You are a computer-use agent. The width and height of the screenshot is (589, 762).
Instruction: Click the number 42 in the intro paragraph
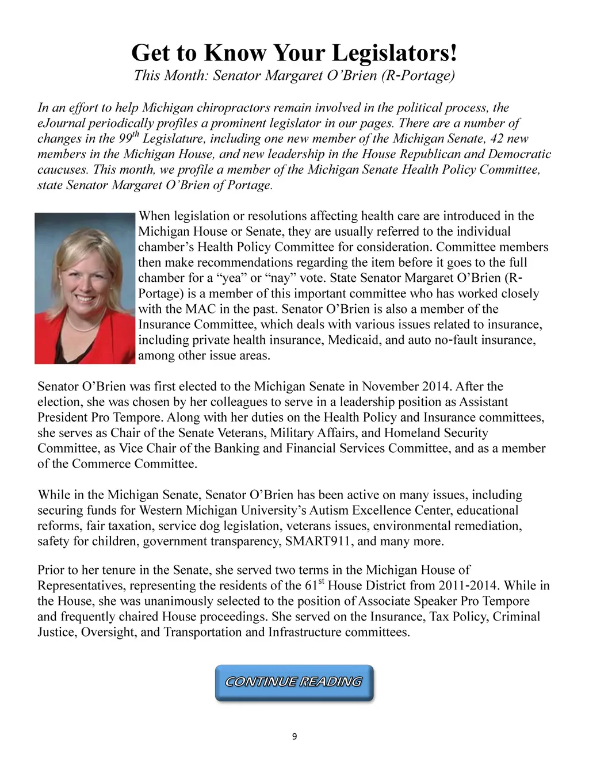(496, 139)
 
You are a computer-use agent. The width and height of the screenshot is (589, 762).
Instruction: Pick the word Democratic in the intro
(518, 154)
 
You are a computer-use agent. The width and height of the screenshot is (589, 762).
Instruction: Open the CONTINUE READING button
(294, 683)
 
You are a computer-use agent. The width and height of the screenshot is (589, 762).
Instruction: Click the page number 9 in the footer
(294, 737)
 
